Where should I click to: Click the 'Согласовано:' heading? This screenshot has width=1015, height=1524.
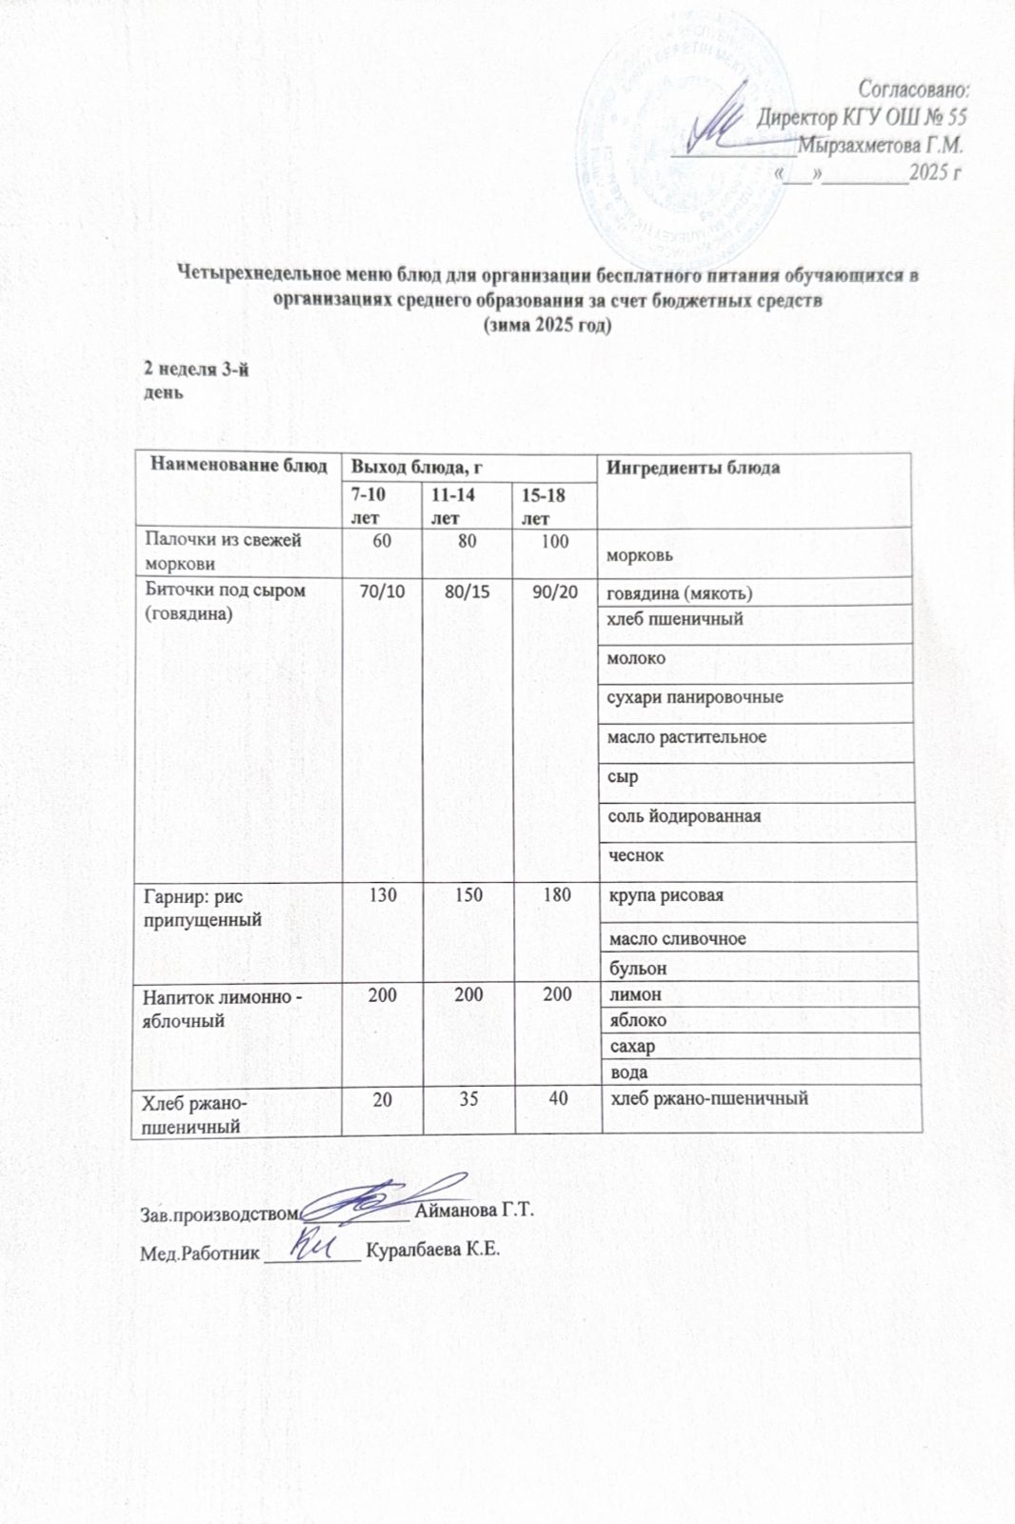(913, 89)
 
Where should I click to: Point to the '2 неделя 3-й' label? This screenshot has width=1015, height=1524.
(195, 370)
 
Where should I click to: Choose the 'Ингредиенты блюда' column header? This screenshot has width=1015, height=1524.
(693, 467)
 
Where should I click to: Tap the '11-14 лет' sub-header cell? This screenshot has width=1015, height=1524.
(452, 506)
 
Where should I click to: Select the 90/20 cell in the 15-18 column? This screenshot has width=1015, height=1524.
(555, 592)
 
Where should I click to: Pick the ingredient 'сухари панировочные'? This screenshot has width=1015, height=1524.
(695, 697)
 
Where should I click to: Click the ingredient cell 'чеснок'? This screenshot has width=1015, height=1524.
(635, 855)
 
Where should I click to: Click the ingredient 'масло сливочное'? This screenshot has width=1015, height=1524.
(677, 938)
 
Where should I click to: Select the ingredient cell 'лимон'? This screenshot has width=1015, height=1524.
(634, 994)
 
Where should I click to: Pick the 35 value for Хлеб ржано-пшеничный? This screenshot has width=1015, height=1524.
(468, 1098)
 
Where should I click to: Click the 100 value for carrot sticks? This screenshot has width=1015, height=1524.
(554, 542)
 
